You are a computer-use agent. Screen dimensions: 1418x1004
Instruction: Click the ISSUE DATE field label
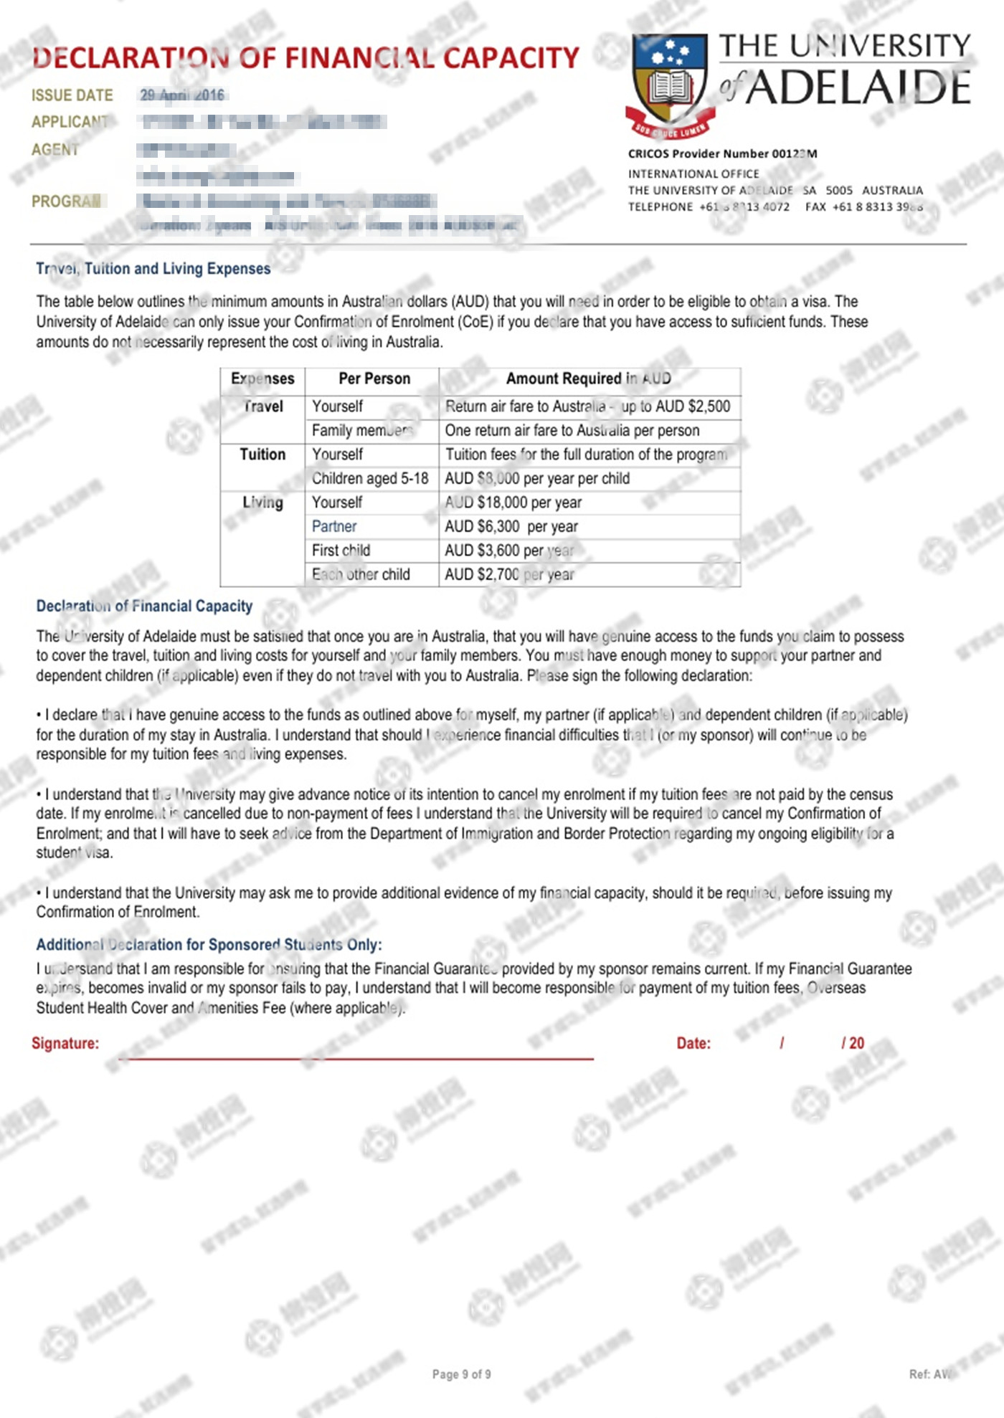coord(72,95)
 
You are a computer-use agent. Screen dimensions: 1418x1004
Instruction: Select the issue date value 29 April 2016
coord(182,95)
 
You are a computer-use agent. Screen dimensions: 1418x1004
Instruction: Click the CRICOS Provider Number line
coord(722,153)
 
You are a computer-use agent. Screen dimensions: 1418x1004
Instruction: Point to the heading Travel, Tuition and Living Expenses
coord(153,269)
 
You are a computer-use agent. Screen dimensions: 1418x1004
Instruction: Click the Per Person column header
coord(374,379)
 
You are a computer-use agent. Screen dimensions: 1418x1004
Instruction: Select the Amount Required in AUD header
coord(589,379)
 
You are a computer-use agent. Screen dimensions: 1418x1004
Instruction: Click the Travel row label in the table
coord(263,406)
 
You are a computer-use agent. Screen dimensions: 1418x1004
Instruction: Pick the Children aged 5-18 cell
coord(370,478)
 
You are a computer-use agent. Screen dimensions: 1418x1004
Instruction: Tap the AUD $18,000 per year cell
coord(513,503)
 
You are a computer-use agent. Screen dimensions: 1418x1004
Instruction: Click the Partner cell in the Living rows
coord(334,526)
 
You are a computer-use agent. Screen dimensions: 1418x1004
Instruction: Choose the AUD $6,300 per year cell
coord(511,526)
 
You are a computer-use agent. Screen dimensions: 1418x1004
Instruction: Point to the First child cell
coord(341,551)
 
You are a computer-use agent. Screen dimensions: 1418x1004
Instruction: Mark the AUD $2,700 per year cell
coord(509,574)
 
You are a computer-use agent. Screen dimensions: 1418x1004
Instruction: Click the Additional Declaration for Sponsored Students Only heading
coord(209,945)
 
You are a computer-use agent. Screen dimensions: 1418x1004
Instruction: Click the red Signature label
coord(65,1043)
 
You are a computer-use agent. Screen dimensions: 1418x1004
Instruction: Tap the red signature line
coord(356,1058)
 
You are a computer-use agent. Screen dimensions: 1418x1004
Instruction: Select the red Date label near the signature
coord(693,1043)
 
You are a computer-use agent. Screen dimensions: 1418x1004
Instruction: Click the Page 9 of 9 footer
coord(462,1374)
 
